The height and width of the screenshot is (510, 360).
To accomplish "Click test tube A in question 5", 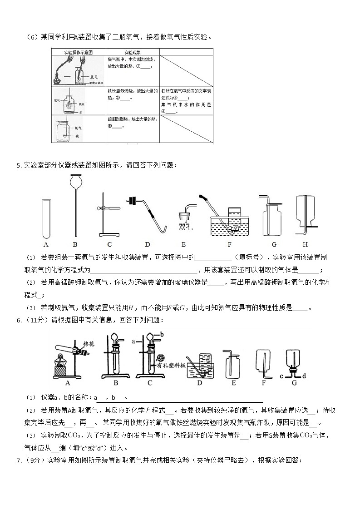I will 46,218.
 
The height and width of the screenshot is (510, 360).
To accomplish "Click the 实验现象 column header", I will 133,53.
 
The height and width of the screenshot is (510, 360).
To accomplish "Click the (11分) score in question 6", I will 33,320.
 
